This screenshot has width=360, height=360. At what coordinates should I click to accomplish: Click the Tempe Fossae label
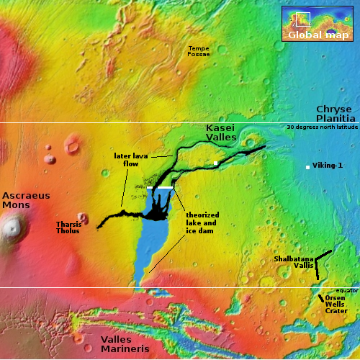click(199, 51)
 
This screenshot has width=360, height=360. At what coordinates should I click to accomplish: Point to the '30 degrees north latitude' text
click(321, 127)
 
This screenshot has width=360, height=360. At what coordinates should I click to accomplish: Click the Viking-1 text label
click(328, 166)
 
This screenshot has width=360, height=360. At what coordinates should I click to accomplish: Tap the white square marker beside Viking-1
click(308, 167)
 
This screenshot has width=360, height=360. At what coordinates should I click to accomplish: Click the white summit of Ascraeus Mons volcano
click(11, 230)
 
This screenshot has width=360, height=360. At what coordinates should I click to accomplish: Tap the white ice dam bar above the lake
click(160, 187)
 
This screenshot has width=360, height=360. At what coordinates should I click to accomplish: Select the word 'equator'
click(346, 291)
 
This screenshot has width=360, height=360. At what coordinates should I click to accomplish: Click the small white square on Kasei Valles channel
click(215, 163)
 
